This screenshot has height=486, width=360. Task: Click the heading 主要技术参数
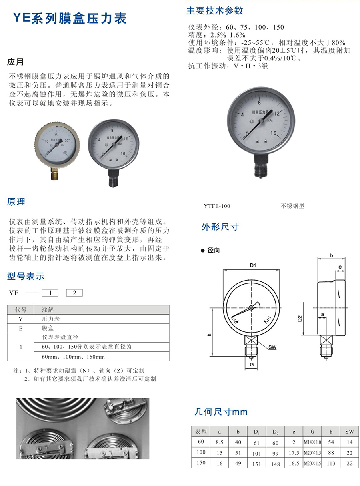pyautogui.click(x=215, y=10)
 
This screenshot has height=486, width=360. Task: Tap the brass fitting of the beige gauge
pyautogui.click(x=54, y=174)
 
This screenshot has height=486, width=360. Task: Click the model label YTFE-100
pyautogui.click(x=217, y=206)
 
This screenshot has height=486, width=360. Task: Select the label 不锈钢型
pyautogui.click(x=292, y=206)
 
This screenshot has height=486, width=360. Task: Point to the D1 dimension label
pyautogui.click(x=253, y=265)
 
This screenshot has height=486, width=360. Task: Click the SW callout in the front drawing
pyautogui.click(x=272, y=347)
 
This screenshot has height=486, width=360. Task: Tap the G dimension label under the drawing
pyautogui.click(x=252, y=364)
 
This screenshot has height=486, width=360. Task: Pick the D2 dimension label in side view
pyautogui.click(x=300, y=319)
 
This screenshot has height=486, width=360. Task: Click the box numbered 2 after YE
pyautogui.click(x=74, y=293)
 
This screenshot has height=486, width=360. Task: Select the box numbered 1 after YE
pyautogui.click(x=50, y=293)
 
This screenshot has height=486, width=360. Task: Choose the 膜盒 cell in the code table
pyautogui.click(x=48, y=328)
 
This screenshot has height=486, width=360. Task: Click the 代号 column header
pyautogui.click(x=21, y=310)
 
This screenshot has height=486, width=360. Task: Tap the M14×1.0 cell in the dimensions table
pyautogui.click(x=312, y=442)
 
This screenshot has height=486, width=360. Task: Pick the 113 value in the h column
pyautogui.click(x=331, y=464)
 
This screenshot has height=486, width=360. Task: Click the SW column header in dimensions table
pyautogui.click(x=350, y=432)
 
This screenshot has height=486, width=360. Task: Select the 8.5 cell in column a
pyautogui.click(x=219, y=442)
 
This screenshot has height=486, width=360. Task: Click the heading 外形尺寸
pyautogui.click(x=220, y=227)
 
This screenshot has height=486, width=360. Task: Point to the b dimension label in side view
pyautogui.click(x=332, y=255)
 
